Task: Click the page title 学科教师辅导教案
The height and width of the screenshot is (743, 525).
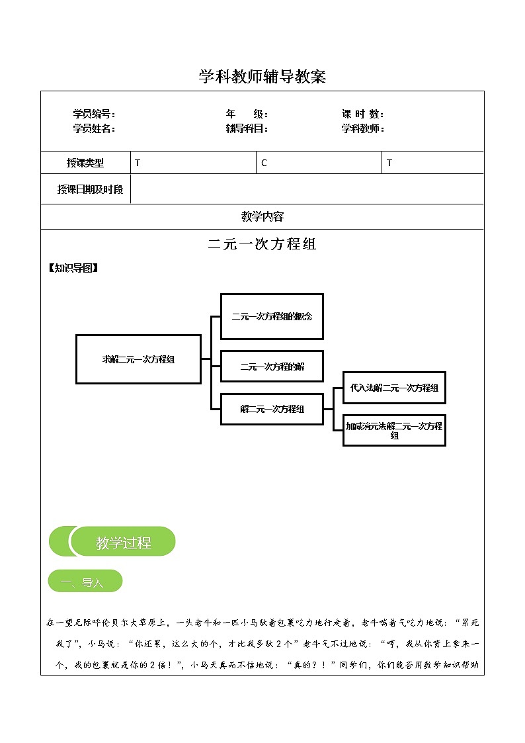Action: point(262,77)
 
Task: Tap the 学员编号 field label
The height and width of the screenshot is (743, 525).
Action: point(94,114)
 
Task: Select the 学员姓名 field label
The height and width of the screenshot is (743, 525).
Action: point(94,128)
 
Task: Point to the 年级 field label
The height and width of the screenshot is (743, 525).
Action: point(246,114)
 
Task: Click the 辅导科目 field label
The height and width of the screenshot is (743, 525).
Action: point(246,128)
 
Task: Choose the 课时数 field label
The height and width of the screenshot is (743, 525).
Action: point(363,114)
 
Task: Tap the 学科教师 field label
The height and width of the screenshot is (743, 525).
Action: point(363,128)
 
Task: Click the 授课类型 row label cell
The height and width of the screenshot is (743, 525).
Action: point(85,163)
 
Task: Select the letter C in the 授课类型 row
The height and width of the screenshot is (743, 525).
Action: point(264,163)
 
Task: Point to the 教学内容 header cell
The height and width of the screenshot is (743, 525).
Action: point(262,216)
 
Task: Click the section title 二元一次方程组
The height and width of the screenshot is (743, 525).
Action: point(262,244)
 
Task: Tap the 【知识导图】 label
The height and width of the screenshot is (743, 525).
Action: point(73,268)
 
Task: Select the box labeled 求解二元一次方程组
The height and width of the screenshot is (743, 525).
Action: point(138,359)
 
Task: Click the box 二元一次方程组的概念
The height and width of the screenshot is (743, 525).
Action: point(272,316)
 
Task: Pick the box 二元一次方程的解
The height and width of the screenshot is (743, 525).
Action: point(272,366)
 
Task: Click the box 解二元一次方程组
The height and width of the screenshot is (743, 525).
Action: point(272,409)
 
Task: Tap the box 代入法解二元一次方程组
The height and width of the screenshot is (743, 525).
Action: point(394,388)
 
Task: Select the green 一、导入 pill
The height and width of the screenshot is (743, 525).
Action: point(85,582)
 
